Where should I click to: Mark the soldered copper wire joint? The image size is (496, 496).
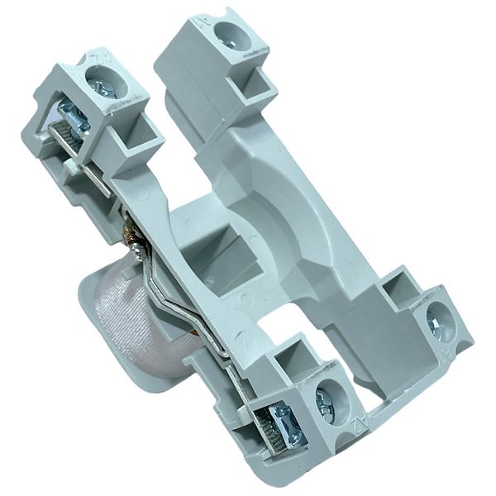[x=132, y=240]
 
